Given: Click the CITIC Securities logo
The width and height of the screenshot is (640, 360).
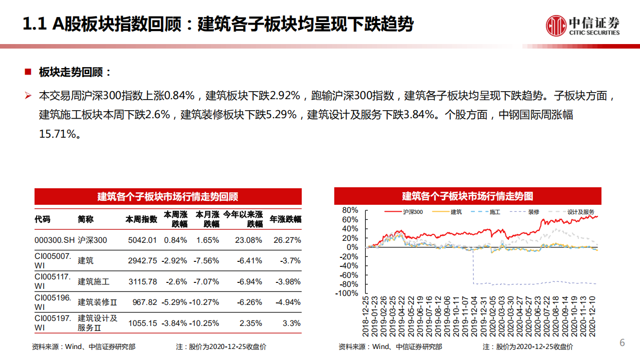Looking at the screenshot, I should pyautogui.click(x=582, y=26).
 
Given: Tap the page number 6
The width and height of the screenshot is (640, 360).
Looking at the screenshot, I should pyautogui.click(x=622, y=343).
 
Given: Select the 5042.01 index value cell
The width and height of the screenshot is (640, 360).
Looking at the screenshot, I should pyautogui.click(x=142, y=240).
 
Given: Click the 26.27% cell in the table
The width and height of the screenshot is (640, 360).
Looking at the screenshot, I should pyautogui.click(x=287, y=240).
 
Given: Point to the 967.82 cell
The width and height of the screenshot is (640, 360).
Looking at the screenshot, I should pyautogui.click(x=146, y=302).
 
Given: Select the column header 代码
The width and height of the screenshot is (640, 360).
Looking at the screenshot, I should pyautogui.click(x=43, y=219).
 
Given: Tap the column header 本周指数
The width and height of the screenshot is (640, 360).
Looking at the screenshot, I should pyautogui.click(x=141, y=219).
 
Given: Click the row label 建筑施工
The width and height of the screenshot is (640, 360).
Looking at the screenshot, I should pyautogui.click(x=94, y=282).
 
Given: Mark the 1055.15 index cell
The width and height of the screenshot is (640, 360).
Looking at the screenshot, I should pyautogui.click(x=142, y=323).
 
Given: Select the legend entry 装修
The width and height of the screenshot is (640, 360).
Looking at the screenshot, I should pyautogui.click(x=533, y=212).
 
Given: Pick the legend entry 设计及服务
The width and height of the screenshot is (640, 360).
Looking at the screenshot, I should pyautogui.click(x=580, y=212).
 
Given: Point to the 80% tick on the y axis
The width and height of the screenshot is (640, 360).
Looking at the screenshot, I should pyautogui.click(x=350, y=210).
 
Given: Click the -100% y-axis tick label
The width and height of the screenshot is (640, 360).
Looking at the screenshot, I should pyautogui.click(x=347, y=294).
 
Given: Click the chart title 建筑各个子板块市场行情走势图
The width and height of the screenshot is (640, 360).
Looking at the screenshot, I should pyautogui.click(x=467, y=196).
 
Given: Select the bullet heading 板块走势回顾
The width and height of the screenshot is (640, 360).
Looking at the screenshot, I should pyautogui.click(x=75, y=72).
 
